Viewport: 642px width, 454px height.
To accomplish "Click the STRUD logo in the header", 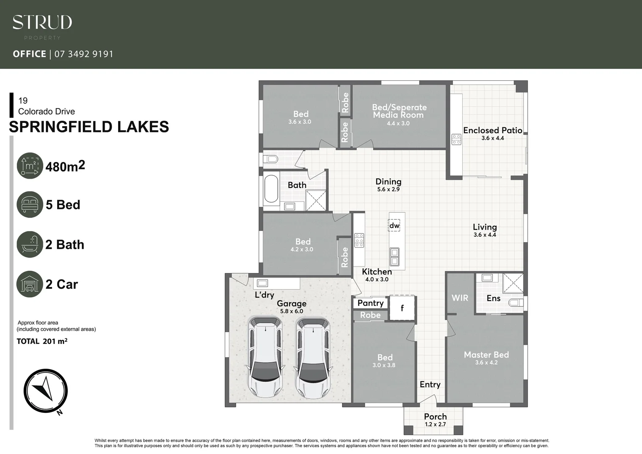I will [x=42, y=23].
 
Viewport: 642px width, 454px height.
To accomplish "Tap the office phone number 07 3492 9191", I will [x=84, y=54].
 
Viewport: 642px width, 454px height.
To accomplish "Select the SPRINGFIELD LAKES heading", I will [x=89, y=127].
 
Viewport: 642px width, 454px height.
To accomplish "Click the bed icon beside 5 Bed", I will [x=30, y=205].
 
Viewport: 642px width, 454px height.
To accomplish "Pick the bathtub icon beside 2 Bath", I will [x=30, y=244].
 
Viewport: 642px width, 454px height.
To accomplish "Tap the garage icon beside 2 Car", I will [x=30, y=284].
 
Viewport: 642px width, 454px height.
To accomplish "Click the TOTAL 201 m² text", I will [x=42, y=341].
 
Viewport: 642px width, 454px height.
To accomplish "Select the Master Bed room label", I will [x=486, y=355].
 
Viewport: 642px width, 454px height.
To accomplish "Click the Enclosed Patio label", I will [x=492, y=130].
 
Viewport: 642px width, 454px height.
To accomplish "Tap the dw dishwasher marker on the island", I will [x=394, y=226].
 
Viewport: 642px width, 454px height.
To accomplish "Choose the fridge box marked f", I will [x=402, y=308].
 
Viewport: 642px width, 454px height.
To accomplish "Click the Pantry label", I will [x=370, y=303].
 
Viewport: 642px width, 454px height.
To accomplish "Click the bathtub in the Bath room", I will [x=271, y=189].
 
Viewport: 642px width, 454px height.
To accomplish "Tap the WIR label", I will [x=460, y=298].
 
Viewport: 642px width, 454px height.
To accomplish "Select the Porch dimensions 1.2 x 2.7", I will [x=435, y=424].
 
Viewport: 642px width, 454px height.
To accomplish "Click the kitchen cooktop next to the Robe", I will [x=359, y=240].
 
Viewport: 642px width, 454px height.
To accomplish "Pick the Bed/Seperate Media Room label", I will [x=399, y=111].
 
